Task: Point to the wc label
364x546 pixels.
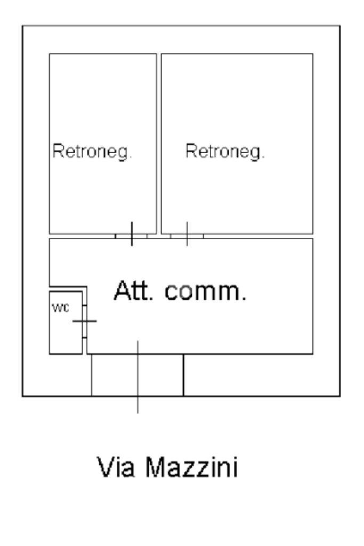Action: [x=60, y=309]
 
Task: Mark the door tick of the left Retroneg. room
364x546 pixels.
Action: [x=132, y=234]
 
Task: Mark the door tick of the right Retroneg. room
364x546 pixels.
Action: [x=187, y=234]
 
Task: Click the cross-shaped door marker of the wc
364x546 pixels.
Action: [x=85, y=321]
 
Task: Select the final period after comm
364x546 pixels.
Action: [x=244, y=298]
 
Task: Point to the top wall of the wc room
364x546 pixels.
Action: [x=66, y=291]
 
